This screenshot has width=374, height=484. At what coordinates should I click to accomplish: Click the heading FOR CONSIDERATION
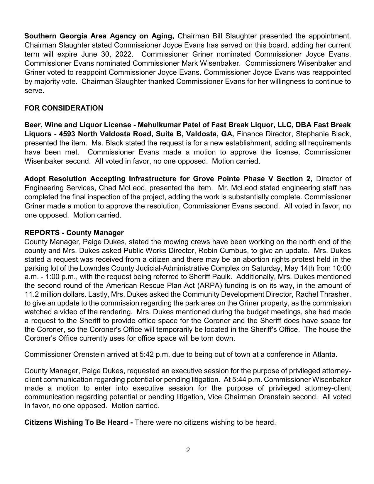tap(64, 108)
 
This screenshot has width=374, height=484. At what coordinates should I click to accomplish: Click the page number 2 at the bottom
tap(188, 450)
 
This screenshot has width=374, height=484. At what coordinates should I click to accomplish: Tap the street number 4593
tap(67, 134)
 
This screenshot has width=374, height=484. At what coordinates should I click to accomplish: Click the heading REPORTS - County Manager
tap(74, 233)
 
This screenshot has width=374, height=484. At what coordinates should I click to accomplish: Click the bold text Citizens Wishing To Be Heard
tap(76, 422)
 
